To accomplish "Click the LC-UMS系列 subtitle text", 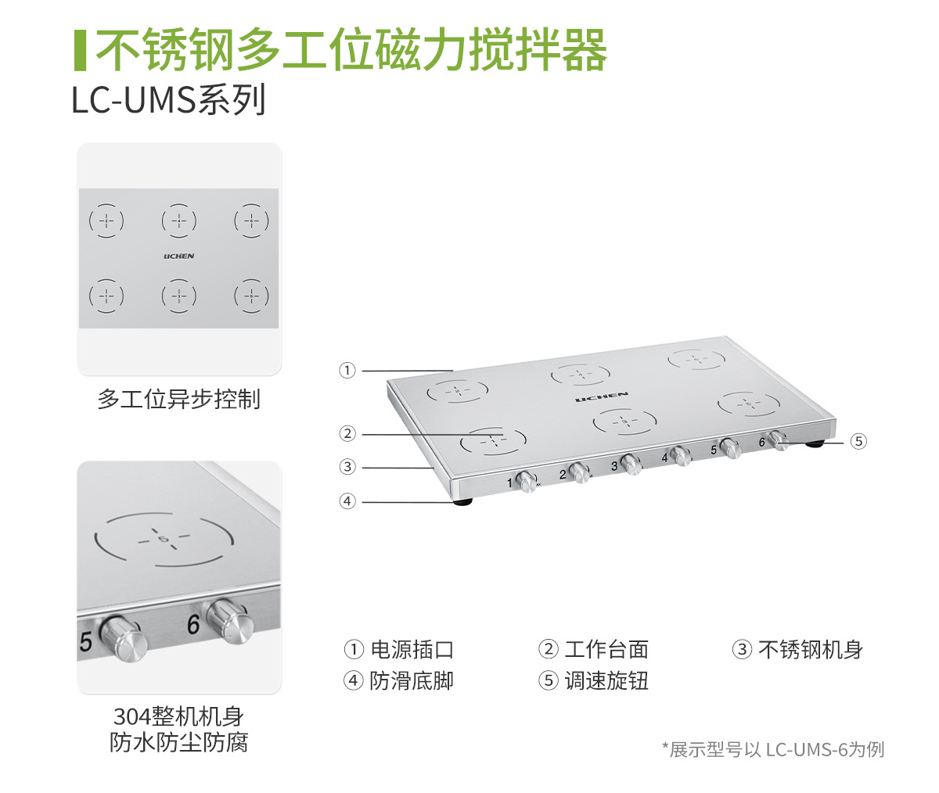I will coord(168,100).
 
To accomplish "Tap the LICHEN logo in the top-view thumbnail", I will coord(179,257).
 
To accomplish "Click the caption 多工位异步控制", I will coord(178,400).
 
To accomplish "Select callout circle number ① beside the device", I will coord(347,371).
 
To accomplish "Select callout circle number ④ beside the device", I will coord(347,501).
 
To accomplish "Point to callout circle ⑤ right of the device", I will coord(858,442).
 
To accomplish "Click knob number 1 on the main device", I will coord(527,480).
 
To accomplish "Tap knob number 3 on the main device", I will coord(631,464).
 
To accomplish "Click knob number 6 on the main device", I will coord(777,440).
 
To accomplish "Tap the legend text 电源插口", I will coord(412,649).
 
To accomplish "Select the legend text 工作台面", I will coord(606,649).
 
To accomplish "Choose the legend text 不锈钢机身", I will coord(811,649).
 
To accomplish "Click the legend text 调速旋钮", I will coord(606,681).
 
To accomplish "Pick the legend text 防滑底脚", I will coord(412,681).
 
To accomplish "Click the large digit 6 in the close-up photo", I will coord(193,625).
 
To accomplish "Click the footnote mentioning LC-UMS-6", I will coord(773,749).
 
